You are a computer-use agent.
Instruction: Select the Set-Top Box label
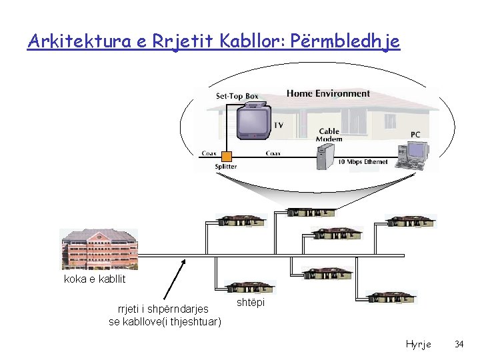click(x=237, y=96)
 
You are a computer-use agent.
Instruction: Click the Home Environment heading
click(x=328, y=93)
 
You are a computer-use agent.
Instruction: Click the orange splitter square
click(x=227, y=156)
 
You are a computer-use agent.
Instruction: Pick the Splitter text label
click(x=225, y=167)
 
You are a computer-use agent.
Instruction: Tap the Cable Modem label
click(x=330, y=135)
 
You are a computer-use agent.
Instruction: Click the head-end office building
click(x=99, y=249)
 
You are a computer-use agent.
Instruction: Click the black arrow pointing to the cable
click(x=175, y=280)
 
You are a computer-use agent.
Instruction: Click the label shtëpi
click(x=250, y=303)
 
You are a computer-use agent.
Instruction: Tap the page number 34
click(x=459, y=344)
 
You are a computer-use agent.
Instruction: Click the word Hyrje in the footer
click(x=418, y=344)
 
